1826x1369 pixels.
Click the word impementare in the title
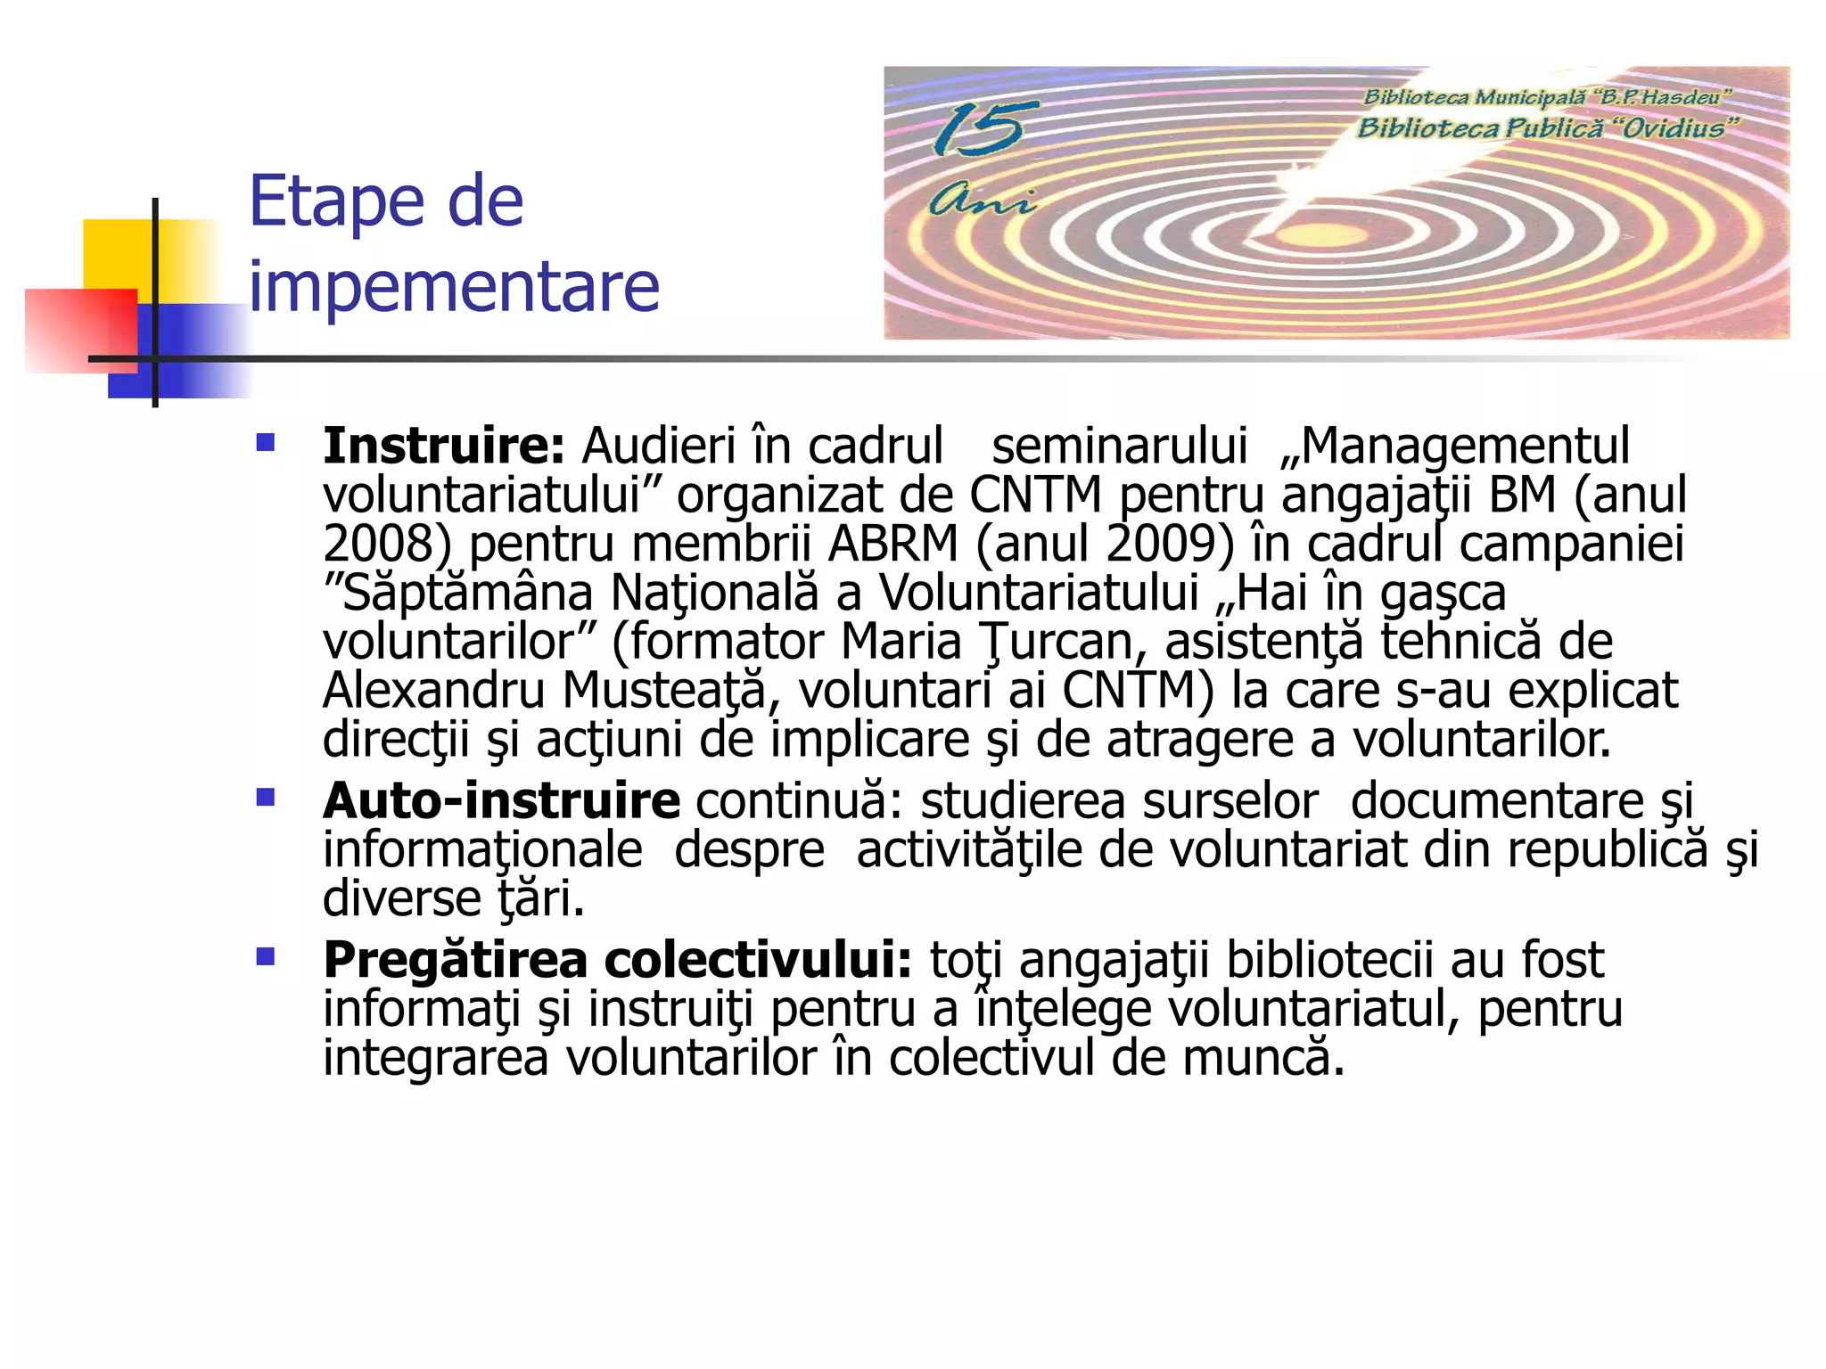(454, 287)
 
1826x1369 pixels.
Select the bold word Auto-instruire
(501, 800)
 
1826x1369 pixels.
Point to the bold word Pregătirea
(455, 960)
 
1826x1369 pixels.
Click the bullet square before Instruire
(265, 443)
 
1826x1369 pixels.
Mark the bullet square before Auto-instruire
(265, 797)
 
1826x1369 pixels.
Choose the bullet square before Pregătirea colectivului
(265, 957)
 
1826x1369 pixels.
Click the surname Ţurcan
(1057, 642)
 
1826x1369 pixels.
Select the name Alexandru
(433, 691)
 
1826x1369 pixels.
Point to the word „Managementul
(1455, 446)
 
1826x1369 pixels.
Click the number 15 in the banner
(978, 129)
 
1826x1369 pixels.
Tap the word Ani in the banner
(982, 201)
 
